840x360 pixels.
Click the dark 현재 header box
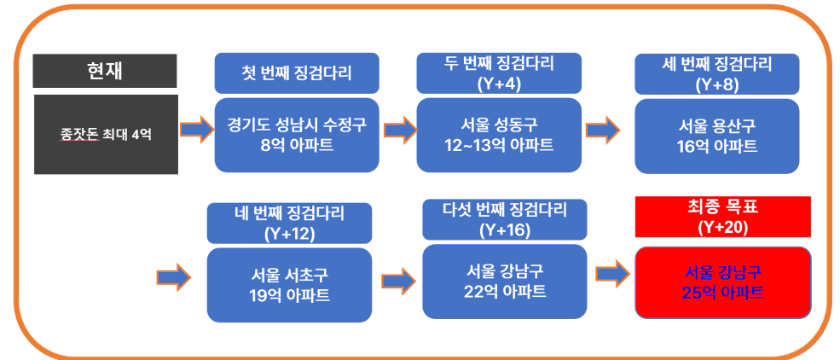point(104,71)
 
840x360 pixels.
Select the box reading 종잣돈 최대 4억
point(106,135)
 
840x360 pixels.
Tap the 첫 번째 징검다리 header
point(297,73)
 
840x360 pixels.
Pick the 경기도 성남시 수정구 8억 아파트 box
point(297,135)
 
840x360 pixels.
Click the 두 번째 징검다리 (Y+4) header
point(499,73)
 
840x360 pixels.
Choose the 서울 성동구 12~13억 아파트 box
point(499,135)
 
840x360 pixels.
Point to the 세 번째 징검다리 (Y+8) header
point(717,74)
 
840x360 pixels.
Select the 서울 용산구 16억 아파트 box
point(717,136)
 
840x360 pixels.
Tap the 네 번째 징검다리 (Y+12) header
point(289,223)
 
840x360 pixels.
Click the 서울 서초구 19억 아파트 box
point(289,285)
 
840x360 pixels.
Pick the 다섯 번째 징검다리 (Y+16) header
point(505,219)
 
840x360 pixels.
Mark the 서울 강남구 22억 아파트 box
point(505,282)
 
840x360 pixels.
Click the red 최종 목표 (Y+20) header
point(723,217)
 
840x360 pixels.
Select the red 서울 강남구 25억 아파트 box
point(723,282)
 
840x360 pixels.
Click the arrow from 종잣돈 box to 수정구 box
point(197,130)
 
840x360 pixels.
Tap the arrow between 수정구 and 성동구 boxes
point(400,130)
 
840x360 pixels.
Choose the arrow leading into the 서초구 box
point(174,277)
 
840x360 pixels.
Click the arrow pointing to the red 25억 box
point(613,273)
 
